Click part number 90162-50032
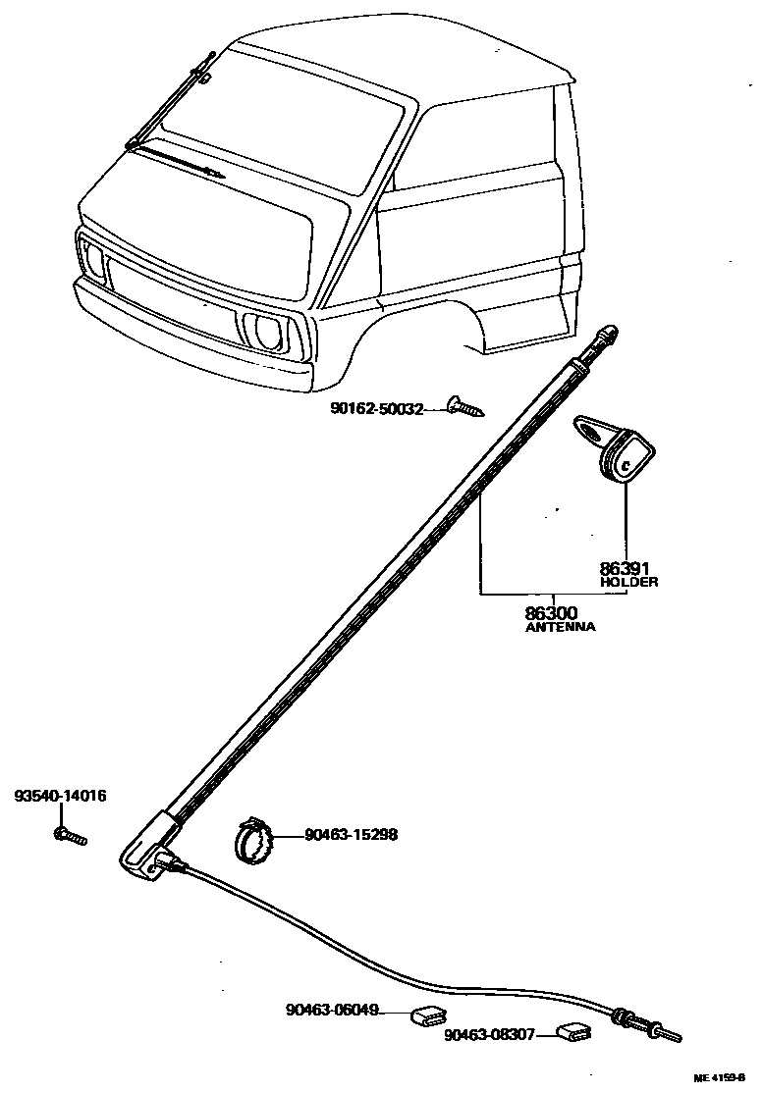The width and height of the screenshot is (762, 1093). click(x=376, y=409)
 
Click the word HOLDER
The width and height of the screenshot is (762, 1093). click(x=628, y=582)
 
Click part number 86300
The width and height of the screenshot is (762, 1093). click(x=552, y=613)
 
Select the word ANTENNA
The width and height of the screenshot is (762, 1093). click(x=561, y=627)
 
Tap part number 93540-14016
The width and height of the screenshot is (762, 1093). click(x=60, y=796)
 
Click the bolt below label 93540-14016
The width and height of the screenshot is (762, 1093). click(x=69, y=836)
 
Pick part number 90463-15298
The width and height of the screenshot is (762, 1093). click(x=351, y=836)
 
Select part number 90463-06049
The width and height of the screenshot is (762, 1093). click(x=332, y=1010)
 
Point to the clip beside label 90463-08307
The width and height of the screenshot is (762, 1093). click(x=572, y=1031)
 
